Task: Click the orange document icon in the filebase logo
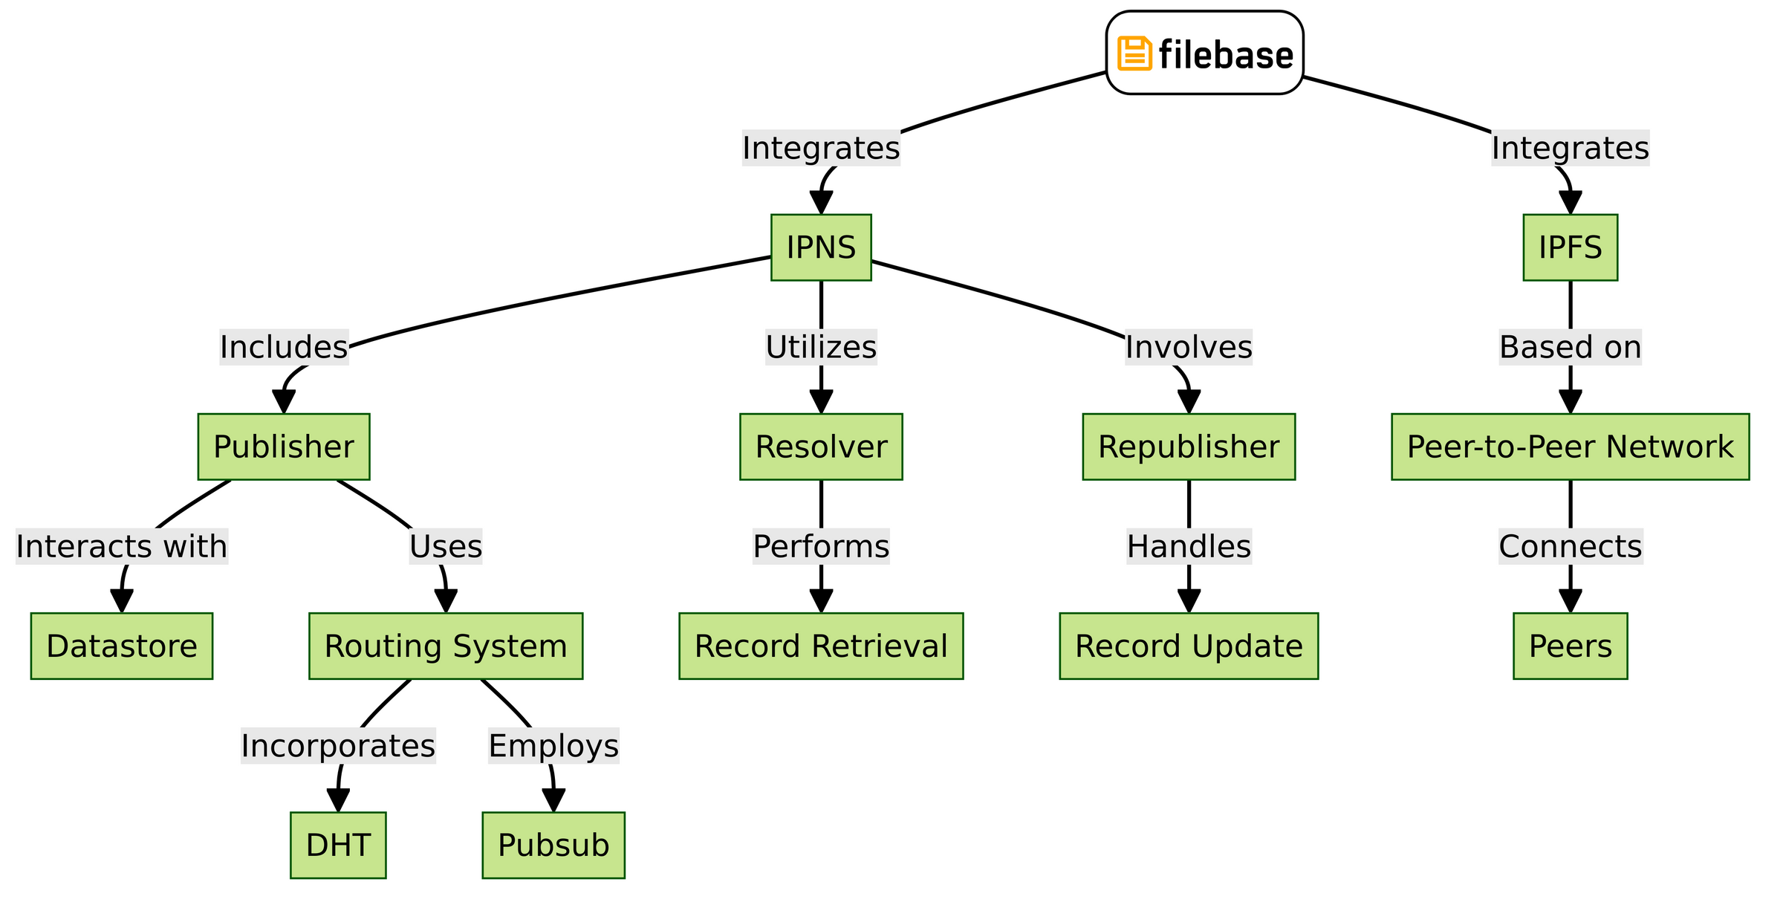click(1134, 54)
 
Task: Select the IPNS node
click(821, 247)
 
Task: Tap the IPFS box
click(1570, 247)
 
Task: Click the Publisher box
click(283, 447)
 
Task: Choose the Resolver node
click(821, 447)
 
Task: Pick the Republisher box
click(1189, 447)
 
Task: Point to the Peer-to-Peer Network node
click(1570, 447)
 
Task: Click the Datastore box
click(121, 646)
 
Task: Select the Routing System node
click(446, 646)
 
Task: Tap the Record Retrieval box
click(821, 646)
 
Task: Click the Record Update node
click(1189, 646)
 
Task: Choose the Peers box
click(1570, 646)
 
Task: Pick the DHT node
click(338, 845)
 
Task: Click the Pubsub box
click(553, 845)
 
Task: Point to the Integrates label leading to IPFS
click(1570, 148)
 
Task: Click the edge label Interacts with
click(121, 546)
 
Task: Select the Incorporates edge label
click(338, 745)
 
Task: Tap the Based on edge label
click(1570, 347)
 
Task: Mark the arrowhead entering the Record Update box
click(1189, 601)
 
